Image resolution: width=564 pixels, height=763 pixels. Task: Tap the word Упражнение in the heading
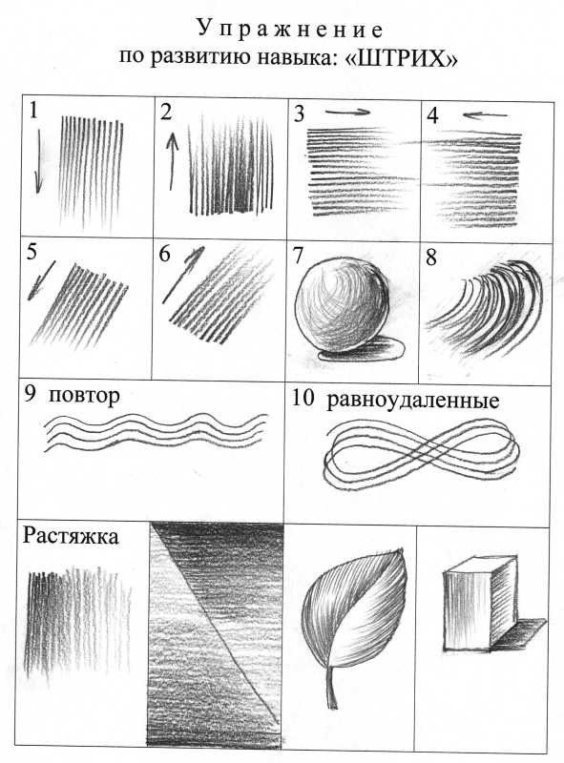290,30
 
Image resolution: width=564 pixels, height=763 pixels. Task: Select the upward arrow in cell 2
172,161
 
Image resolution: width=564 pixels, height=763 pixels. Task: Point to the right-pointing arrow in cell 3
347,112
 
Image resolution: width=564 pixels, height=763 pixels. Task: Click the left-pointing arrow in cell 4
485,115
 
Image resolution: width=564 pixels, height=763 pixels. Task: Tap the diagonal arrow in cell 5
41,279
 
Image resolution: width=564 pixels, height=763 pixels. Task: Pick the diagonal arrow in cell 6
183,275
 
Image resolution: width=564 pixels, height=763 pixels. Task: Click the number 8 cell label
430,258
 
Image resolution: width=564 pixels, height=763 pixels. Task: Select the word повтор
84,395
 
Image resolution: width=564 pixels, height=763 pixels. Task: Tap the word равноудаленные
413,401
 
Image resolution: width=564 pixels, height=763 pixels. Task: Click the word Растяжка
71,536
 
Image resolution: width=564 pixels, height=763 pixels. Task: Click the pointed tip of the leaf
402,550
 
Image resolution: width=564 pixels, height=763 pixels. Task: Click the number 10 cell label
303,399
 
